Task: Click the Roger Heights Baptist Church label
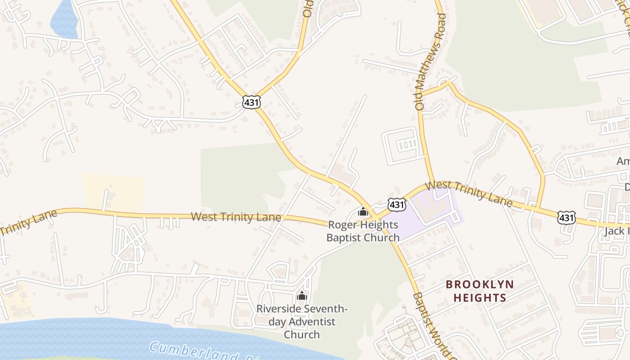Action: pos(363,231)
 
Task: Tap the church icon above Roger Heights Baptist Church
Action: pos(363,211)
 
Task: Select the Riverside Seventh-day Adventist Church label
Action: pos(302,322)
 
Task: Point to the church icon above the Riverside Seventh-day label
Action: pos(301,295)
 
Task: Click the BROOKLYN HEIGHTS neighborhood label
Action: pos(480,291)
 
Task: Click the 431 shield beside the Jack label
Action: pos(566,218)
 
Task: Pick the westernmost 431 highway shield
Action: pos(251,102)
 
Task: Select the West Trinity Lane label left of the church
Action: pos(236,217)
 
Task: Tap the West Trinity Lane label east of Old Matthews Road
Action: pos(468,193)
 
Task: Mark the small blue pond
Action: pos(63,20)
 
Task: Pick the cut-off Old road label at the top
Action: pos(307,9)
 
